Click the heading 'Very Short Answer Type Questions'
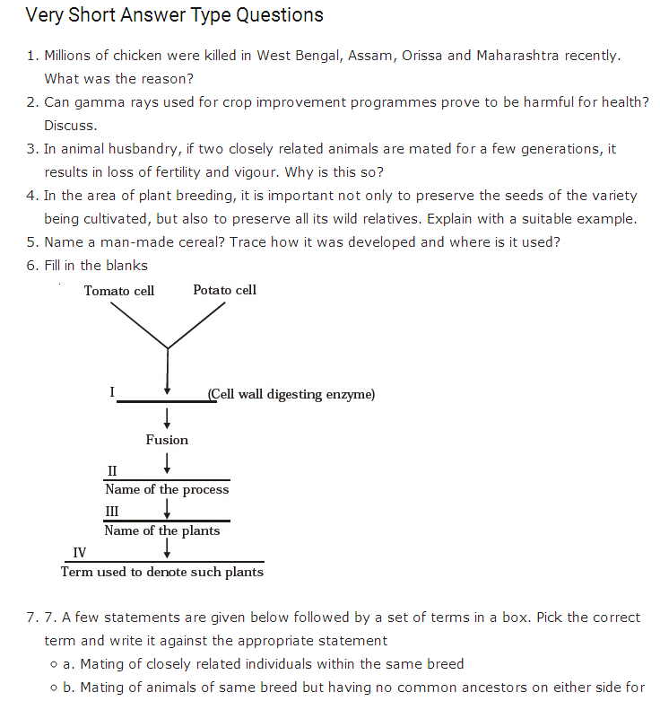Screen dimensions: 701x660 tap(174, 15)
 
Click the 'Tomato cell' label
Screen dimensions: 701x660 tap(119, 290)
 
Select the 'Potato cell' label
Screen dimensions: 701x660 tap(224, 289)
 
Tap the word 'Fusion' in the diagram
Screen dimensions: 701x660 tap(167, 440)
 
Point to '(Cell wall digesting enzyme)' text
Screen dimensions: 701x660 tap(291, 394)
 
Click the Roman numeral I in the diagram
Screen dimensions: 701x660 tap(112, 392)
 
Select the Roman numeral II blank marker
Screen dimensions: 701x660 tap(112, 470)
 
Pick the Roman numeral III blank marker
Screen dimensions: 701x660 tap(113, 511)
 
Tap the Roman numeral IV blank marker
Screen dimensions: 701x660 tap(80, 552)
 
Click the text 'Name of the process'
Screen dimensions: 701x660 tap(167, 489)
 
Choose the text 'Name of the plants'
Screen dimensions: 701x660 tap(162, 530)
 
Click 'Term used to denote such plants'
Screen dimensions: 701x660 tap(162, 572)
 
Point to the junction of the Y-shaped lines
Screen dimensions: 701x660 tap(168, 347)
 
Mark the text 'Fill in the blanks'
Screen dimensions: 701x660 tap(96, 266)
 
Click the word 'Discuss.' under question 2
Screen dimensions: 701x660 tap(71, 126)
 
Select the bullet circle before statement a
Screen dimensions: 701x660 tap(55, 664)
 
